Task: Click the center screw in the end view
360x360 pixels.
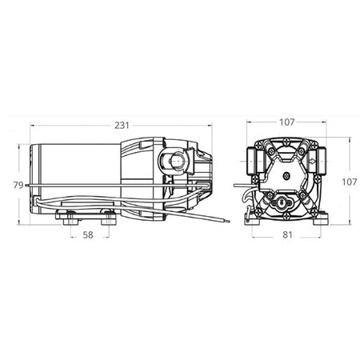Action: tap(285, 178)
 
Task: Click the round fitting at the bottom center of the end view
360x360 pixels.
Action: tap(285, 205)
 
